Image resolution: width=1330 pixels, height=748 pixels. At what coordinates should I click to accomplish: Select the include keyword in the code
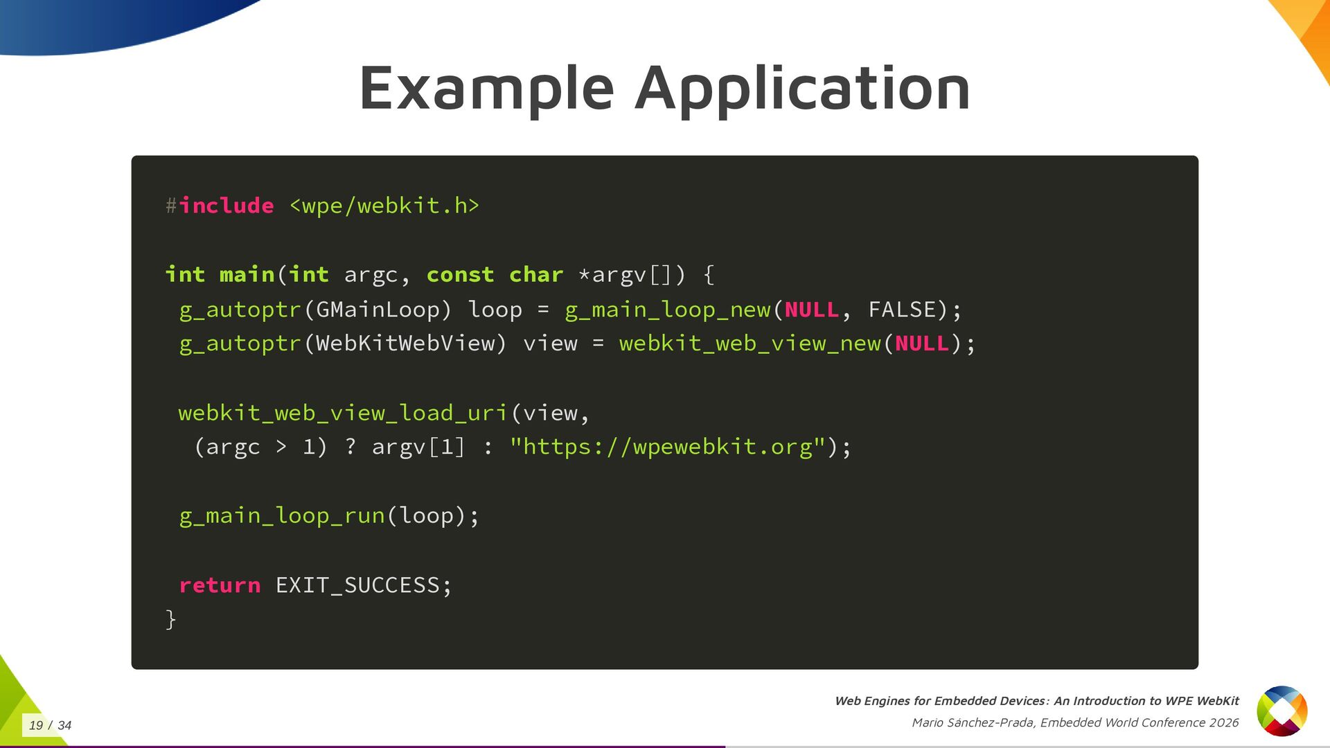(x=227, y=206)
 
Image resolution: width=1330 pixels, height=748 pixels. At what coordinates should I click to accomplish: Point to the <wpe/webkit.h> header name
(x=384, y=206)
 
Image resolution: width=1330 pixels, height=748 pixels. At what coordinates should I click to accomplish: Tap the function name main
(x=247, y=275)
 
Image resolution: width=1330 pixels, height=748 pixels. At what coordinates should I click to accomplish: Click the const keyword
(x=460, y=275)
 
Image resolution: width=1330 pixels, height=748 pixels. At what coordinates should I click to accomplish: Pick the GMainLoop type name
(x=378, y=310)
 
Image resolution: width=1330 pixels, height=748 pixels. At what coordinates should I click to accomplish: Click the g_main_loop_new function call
(x=668, y=310)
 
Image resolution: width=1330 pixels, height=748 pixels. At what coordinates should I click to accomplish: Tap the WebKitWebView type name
(x=405, y=344)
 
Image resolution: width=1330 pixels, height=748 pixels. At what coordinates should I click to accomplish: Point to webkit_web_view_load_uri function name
(x=343, y=413)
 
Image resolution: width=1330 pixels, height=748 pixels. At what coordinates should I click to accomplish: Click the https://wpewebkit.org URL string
(x=667, y=447)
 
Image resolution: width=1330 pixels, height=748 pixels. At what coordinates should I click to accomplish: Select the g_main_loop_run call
(x=282, y=516)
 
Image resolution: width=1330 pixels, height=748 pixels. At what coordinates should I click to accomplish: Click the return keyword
(x=220, y=585)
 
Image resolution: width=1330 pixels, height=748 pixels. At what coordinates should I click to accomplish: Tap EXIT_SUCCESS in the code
(x=357, y=585)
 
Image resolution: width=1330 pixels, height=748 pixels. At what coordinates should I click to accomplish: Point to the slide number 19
(x=36, y=725)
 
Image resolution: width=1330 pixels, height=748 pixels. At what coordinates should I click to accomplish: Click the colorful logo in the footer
(x=1282, y=711)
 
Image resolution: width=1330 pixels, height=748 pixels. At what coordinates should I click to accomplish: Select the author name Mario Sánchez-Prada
(x=973, y=722)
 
